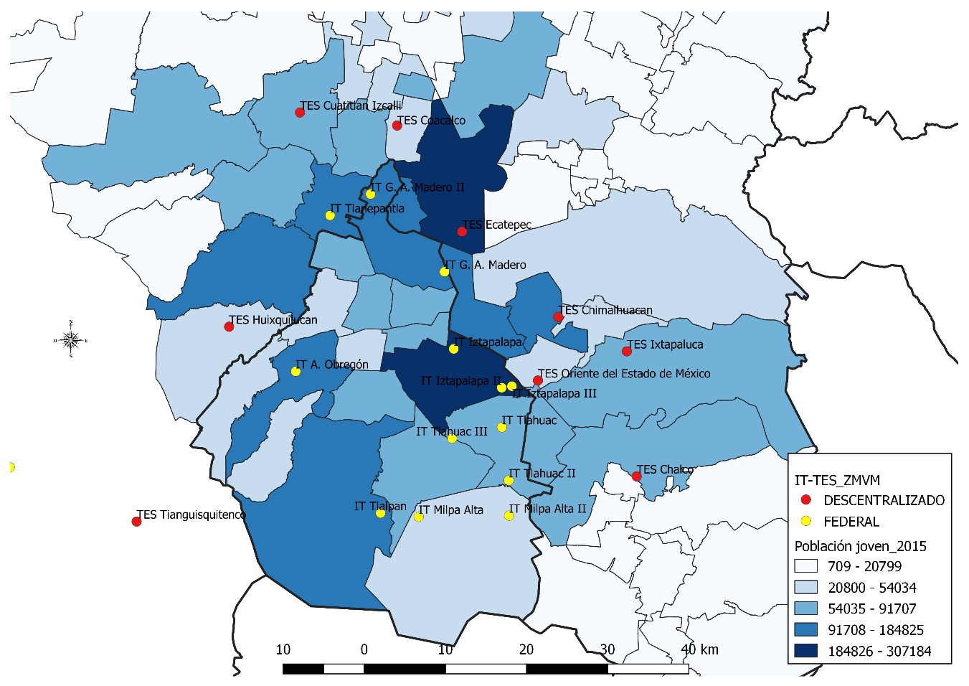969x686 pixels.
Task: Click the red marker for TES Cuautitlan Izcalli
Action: click(x=300, y=113)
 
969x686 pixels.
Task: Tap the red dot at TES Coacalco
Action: click(x=397, y=126)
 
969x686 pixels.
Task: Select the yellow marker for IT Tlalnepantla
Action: click(x=330, y=215)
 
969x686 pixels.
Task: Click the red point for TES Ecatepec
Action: click(x=462, y=231)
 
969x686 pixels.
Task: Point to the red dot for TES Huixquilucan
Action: click(x=229, y=326)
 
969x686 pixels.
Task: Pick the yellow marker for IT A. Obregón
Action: click(x=296, y=371)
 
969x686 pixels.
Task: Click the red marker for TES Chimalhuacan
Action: click(x=558, y=317)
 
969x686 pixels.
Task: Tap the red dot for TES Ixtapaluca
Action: click(x=627, y=351)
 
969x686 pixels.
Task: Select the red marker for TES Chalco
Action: click(x=636, y=476)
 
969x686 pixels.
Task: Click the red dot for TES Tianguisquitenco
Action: click(x=136, y=521)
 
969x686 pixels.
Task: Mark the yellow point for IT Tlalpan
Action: click(x=380, y=513)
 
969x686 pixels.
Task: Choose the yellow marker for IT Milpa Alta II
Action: click(x=509, y=515)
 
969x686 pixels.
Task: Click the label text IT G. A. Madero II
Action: click(x=417, y=187)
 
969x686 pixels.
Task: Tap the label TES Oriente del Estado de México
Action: click(x=624, y=373)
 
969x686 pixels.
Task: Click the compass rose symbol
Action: click(x=70, y=339)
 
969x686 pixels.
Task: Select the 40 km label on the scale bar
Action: click(x=699, y=649)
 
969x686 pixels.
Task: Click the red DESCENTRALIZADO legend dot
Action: click(x=806, y=499)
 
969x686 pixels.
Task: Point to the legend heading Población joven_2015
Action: click(x=860, y=546)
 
